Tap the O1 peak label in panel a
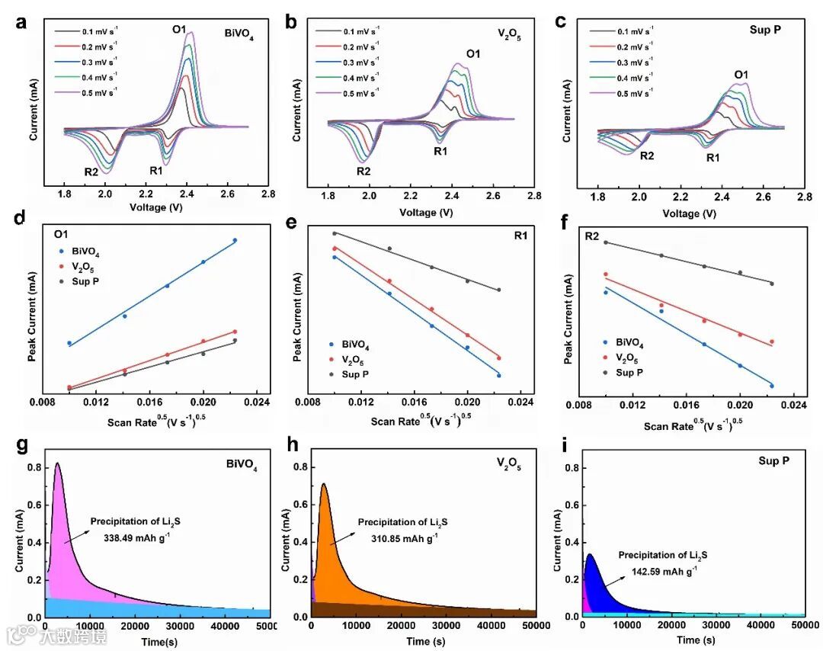tap(179, 30)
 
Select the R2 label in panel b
tap(363, 171)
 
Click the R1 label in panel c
tap(713, 158)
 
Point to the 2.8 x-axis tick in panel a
tap(268, 194)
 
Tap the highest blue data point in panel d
tap(235, 240)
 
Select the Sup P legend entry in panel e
tap(356, 374)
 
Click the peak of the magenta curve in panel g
tap(56, 463)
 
